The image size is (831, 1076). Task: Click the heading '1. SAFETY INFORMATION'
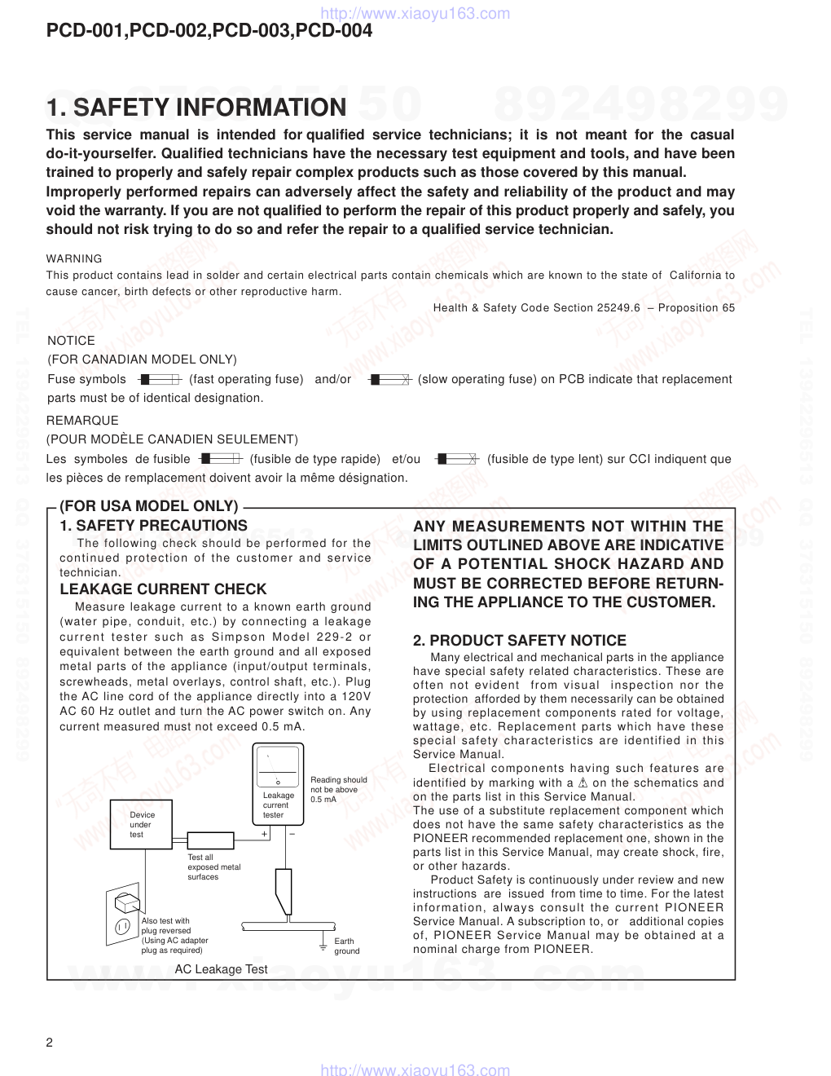196,108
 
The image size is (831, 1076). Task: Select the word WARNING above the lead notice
74,258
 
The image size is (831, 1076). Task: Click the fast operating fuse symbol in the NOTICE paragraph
158,379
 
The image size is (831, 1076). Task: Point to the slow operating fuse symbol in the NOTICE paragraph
388,379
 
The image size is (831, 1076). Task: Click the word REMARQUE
82,421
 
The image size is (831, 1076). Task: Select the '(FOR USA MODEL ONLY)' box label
149,506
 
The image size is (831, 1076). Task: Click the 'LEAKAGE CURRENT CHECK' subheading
163,589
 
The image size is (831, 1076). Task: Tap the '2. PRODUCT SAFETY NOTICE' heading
520,641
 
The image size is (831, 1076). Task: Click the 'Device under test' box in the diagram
143,825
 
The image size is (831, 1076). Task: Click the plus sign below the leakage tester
265,835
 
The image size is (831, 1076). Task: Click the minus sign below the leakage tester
291,834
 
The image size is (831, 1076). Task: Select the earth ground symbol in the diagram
323,946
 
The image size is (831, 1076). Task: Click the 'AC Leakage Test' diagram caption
221,969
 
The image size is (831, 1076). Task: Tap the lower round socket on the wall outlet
121,926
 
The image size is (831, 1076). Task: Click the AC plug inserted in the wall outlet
125,903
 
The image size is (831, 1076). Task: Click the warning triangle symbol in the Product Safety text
582,783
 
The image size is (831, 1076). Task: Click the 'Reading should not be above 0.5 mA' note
338,789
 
